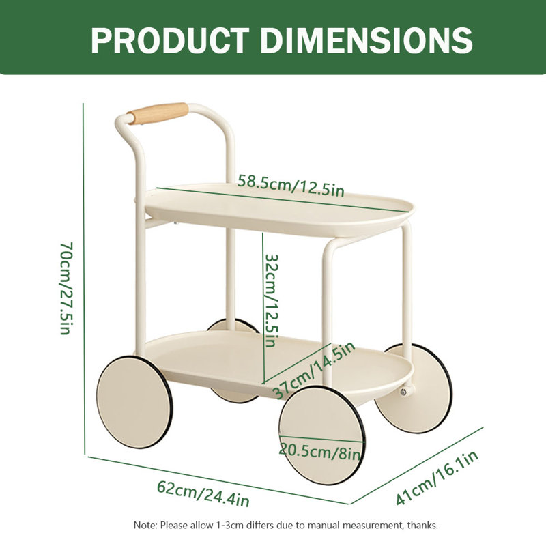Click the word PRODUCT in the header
coord(170,40)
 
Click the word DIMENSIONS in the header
coord(367,40)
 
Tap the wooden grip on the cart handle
coord(158,113)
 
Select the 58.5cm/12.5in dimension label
coord(291,186)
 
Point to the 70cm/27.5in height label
coord(66,288)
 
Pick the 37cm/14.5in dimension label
coord(313,370)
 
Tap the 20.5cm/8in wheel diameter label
coord(319,452)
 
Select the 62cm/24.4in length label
coord(203,493)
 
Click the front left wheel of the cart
coord(134,402)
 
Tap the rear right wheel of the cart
coord(414,388)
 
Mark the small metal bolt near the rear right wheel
coord(403,391)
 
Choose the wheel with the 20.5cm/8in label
coord(322,435)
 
